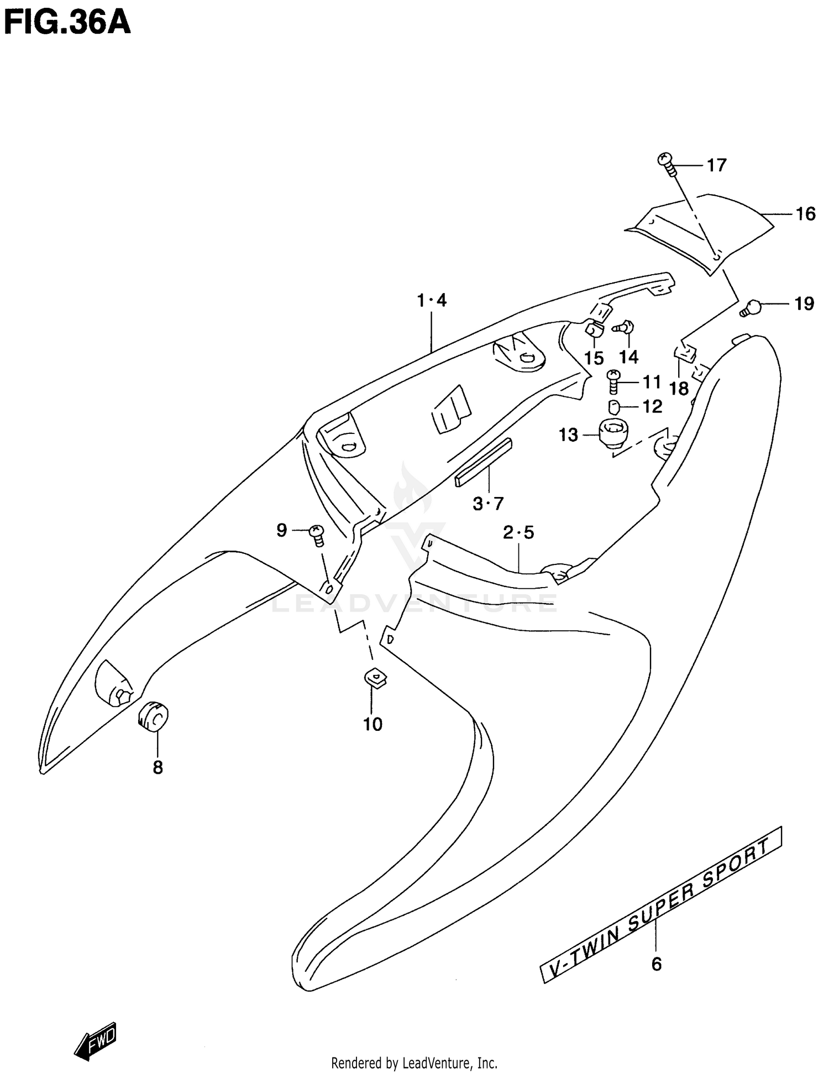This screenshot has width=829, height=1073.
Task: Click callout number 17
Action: tap(716, 165)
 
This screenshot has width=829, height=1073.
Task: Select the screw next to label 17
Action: tap(667, 164)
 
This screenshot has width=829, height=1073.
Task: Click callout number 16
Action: tap(805, 214)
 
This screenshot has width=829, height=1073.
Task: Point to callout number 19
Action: tap(804, 304)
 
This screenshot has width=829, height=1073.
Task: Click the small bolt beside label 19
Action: tap(751, 307)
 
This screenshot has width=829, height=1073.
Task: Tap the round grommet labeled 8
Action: tap(153, 716)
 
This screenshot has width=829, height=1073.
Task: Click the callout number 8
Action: tap(158, 767)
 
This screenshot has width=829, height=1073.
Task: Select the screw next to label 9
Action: tap(317, 535)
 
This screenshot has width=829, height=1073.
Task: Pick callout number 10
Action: tap(372, 724)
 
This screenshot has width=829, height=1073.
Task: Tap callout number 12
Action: tap(652, 407)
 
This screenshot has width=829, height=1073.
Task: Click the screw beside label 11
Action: tap(613, 381)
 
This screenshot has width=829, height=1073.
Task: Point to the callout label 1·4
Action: tap(432, 301)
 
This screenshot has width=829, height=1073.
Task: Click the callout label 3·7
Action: tap(488, 504)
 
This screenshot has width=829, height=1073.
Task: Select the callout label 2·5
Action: tap(518, 533)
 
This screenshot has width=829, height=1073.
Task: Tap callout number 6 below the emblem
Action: tap(656, 964)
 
